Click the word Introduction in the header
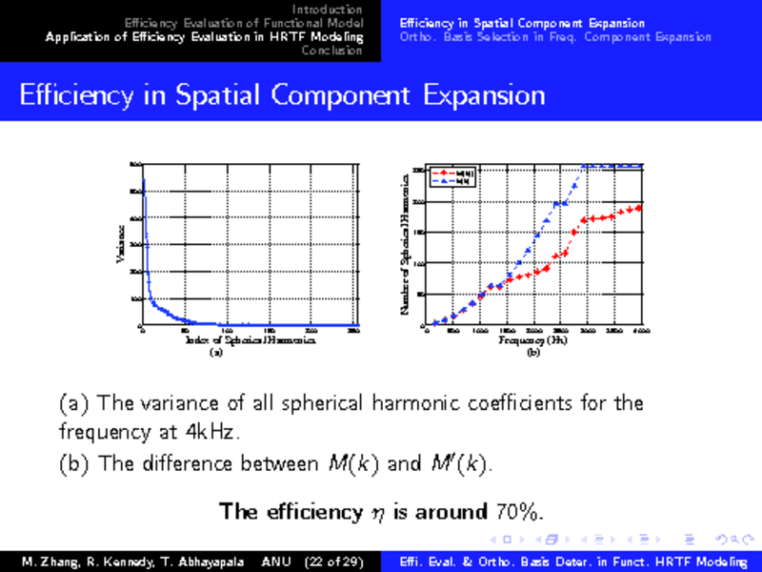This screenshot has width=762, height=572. tap(327, 9)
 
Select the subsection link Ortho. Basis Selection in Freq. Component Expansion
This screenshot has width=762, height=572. tap(555, 36)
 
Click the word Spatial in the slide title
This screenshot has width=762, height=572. tap(214, 95)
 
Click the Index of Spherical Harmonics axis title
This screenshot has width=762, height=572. tap(249, 340)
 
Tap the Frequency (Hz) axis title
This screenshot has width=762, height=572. tap(533, 340)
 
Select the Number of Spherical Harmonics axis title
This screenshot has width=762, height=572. tap(405, 246)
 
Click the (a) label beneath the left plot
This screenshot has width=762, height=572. tap(216, 351)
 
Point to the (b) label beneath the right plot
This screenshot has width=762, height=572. tap(533, 351)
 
